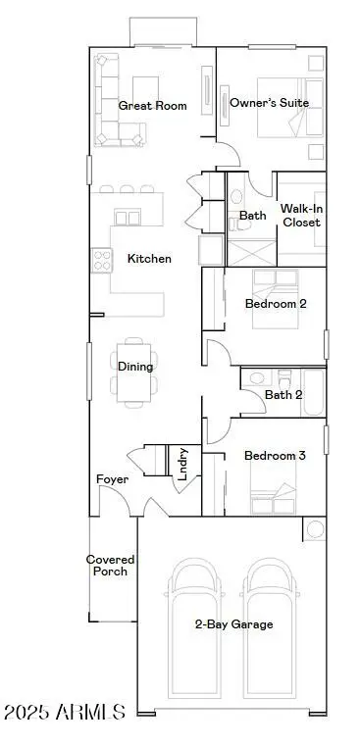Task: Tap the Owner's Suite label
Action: click(x=269, y=103)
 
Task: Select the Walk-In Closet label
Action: click(x=300, y=216)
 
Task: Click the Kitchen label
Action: click(x=149, y=259)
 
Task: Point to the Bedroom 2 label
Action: click(x=276, y=304)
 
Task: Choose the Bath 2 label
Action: click(x=283, y=395)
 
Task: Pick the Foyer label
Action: click(x=112, y=479)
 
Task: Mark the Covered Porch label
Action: click(x=110, y=566)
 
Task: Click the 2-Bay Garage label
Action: click(x=233, y=624)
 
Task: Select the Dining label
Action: click(x=135, y=368)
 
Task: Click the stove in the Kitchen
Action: click(x=101, y=260)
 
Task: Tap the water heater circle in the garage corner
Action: click(x=315, y=530)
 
